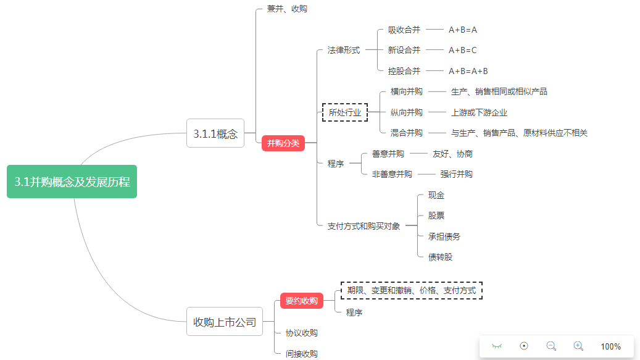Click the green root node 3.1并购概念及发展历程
(72, 182)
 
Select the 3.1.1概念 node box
(215, 133)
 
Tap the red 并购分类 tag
(283, 143)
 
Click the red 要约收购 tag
(301, 301)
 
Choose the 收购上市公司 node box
(225, 322)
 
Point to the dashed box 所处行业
(345, 112)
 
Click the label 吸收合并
(404, 30)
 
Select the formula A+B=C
(463, 50)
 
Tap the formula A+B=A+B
(468, 71)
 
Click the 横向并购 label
(407, 91)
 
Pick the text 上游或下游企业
(480, 112)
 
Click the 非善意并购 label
(392, 174)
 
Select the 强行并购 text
(457, 174)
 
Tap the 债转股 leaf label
(441, 257)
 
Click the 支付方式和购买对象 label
(364, 226)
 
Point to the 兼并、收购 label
(287, 9)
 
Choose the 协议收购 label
(302, 333)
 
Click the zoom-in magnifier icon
(578, 346)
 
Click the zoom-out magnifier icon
(551, 346)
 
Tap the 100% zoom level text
(611, 346)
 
